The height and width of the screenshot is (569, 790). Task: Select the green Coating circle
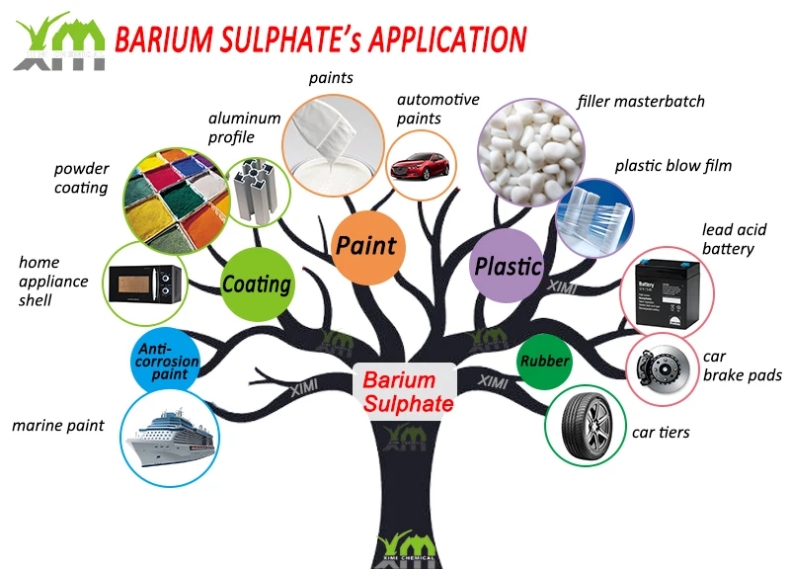[256, 284]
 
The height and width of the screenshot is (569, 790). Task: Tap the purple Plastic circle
[508, 266]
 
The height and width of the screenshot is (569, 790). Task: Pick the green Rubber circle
[544, 362]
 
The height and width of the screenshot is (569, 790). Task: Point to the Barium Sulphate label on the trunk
[404, 391]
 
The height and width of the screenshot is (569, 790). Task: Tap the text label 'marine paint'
[58, 427]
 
